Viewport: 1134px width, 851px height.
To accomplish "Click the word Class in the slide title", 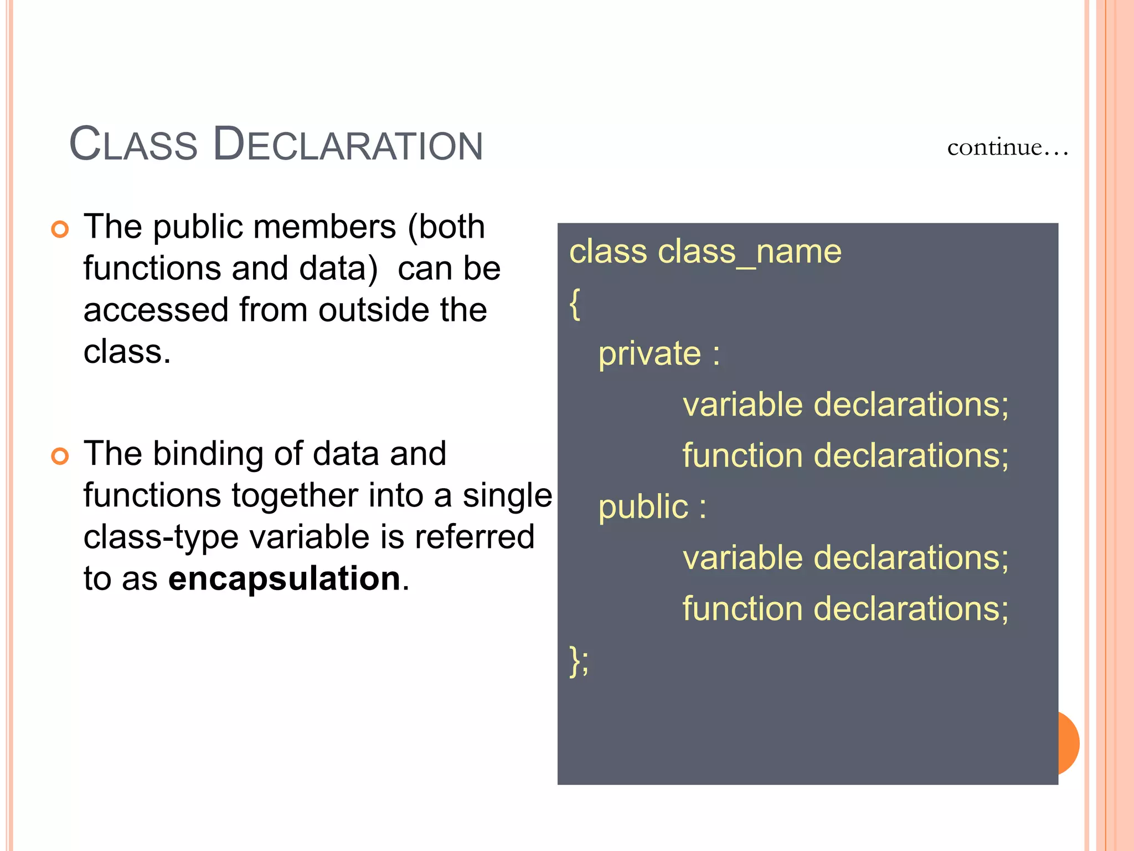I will (133, 145).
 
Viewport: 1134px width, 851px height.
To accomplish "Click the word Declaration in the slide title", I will (348, 145).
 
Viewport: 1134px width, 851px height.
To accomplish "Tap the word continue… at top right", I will (1007, 147).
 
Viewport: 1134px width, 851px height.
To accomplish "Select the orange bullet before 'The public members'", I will (60, 229).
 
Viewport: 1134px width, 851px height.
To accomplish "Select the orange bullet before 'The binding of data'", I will (60, 456).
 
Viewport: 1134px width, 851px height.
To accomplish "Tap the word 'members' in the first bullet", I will (275, 227).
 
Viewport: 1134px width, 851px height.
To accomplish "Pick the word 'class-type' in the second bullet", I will (161, 537).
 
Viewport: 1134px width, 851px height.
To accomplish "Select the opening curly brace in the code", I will (575, 304).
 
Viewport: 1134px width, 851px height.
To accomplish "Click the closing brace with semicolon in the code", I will (579, 661).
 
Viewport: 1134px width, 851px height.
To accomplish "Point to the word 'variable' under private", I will (743, 404).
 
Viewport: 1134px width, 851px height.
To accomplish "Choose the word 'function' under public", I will (743, 609).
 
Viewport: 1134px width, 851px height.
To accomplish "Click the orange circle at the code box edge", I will (1069, 743).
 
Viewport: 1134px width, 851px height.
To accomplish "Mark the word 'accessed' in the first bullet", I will (156, 310).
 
